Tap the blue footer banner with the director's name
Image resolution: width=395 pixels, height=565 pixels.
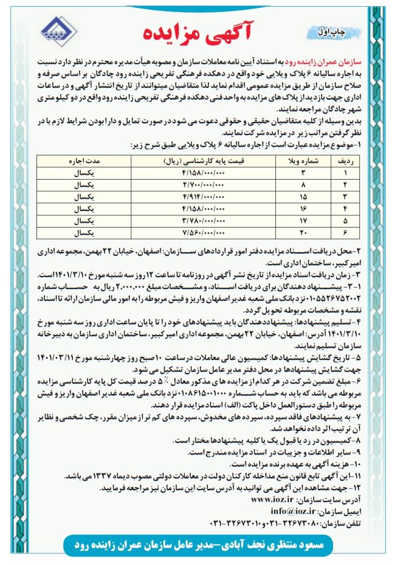pyautogui.click(x=197, y=544)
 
